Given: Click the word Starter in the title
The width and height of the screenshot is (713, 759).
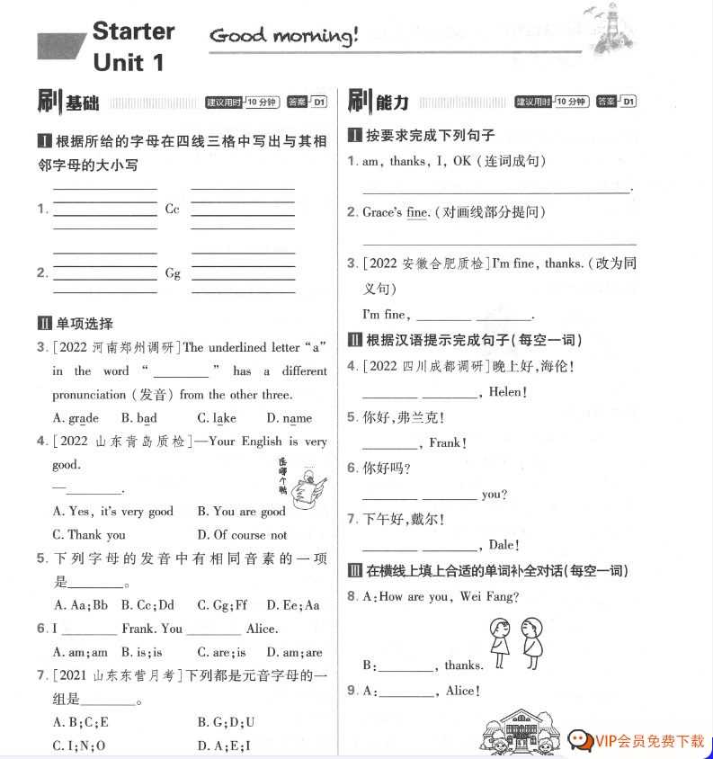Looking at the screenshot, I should [133, 31].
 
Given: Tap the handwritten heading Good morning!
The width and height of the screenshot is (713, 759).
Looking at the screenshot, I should [283, 36].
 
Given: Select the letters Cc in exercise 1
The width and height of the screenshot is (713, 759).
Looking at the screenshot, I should [173, 210].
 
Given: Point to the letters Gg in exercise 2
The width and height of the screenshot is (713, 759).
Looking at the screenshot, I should [173, 273].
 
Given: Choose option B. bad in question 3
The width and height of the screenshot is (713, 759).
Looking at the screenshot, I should [139, 418].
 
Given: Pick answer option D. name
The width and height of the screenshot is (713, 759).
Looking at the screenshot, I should [289, 418].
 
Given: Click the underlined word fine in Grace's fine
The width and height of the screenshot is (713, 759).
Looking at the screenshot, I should [417, 213].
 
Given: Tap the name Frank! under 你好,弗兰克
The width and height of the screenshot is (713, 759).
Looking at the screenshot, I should [447, 442].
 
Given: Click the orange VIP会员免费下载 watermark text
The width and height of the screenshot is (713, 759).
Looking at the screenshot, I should [649, 741].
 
